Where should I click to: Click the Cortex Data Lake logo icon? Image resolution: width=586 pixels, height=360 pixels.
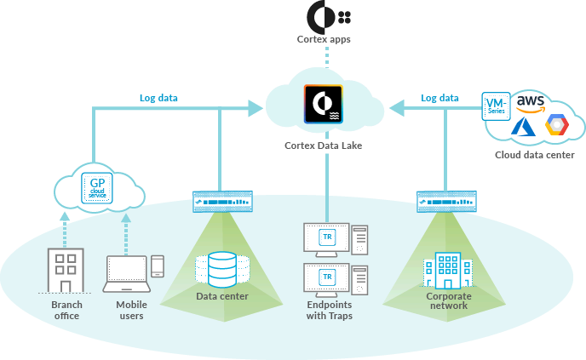pyautogui.click(x=323, y=105)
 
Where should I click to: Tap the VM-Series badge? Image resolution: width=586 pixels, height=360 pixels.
pyautogui.click(x=496, y=106)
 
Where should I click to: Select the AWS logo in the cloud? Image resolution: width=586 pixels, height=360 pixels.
pyautogui.click(x=530, y=103)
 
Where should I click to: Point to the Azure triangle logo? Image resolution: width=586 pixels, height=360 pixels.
pyautogui.click(x=522, y=128)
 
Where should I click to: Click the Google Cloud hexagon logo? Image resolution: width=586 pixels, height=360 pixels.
pyautogui.click(x=557, y=126)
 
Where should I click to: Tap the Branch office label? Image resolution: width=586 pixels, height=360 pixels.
pyautogui.click(x=65, y=311)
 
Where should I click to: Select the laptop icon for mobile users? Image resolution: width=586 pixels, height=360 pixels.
pyautogui.click(x=125, y=272)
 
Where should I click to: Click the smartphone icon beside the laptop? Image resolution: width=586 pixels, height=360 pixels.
pyautogui.click(x=158, y=266)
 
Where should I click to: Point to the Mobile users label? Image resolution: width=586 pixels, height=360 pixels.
pyautogui.click(x=131, y=311)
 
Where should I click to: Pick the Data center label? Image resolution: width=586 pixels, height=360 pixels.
pyautogui.click(x=222, y=297)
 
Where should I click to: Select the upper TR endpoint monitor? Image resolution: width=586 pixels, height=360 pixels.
pyautogui.click(x=326, y=238)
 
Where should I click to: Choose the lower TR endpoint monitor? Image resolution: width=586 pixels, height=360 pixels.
pyautogui.click(x=326, y=279)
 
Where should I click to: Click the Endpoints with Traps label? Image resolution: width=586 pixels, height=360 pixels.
pyautogui.click(x=329, y=311)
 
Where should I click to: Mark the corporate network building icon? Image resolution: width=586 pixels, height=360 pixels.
pyautogui.click(x=447, y=269)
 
